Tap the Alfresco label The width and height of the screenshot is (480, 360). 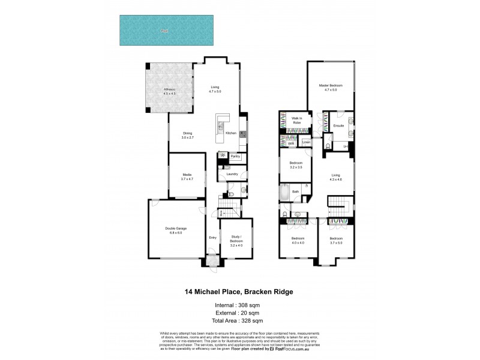click(x=170, y=91)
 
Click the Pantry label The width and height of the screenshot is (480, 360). click(x=235, y=156)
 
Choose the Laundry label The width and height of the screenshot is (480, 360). click(x=232, y=174)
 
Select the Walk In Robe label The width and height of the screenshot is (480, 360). click(x=296, y=121)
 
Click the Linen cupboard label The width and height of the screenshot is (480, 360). click(x=306, y=142)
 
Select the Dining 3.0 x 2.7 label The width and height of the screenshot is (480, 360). click(x=187, y=135)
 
